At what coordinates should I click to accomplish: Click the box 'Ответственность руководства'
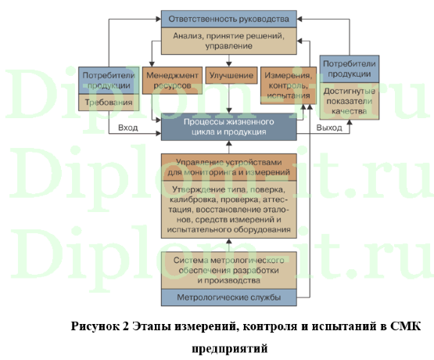click(x=229, y=17)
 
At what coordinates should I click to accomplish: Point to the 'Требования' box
click(x=108, y=103)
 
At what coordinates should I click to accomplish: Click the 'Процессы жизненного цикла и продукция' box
click(x=229, y=128)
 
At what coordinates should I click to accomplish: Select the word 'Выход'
click(x=329, y=128)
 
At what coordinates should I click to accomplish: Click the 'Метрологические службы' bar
click(x=229, y=297)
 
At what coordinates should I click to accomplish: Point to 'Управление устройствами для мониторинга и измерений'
click(x=229, y=166)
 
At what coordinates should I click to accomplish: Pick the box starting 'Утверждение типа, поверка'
click(x=229, y=210)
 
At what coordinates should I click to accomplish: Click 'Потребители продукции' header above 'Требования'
click(x=108, y=80)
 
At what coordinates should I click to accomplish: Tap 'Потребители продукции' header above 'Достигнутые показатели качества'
click(x=350, y=68)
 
